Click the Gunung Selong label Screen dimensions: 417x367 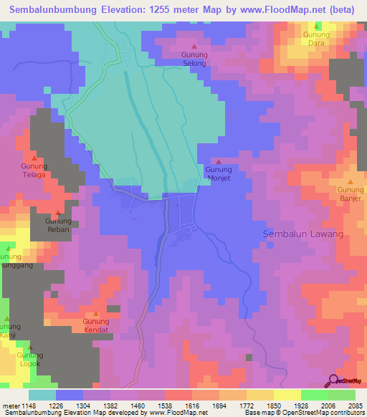pyautogui.click(x=194, y=59)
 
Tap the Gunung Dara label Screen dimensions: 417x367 pyautogui.click(x=315, y=39)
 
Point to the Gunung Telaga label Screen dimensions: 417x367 pyautogui.click(x=34, y=170)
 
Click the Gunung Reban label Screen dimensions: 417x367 pyautogui.click(x=59, y=226)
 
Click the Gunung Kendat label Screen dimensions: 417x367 pyautogui.click(x=95, y=326)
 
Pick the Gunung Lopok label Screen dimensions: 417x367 pyautogui.click(x=30, y=360)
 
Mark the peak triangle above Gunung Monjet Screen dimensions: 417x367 pyautogui.click(x=219, y=161)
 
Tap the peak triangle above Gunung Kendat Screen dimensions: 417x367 pyautogui.click(x=96, y=313)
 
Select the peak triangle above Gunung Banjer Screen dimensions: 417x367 pyautogui.click(x=351, y=181)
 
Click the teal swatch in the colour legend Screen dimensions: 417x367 pyautogui.click(x=42, y=394)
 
